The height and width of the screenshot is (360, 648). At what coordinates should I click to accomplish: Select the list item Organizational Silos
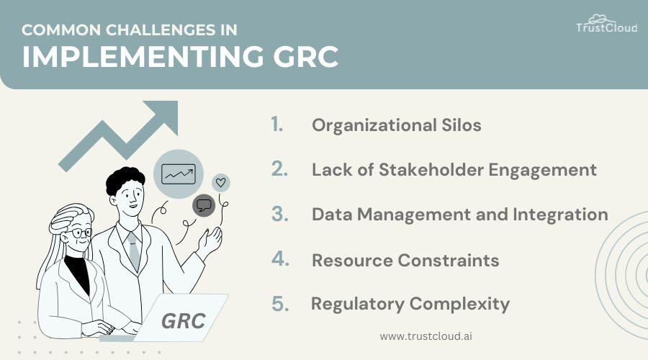coord(396,125)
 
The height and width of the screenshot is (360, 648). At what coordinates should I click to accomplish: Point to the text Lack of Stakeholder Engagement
coord(454,170)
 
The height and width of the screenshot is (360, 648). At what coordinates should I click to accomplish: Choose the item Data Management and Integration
coord(459,215)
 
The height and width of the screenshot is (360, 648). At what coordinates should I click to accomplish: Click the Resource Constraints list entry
coord(405,260)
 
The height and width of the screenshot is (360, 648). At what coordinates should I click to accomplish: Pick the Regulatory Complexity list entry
coord(410,304)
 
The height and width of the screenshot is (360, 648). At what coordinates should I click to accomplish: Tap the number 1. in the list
coord(277,125)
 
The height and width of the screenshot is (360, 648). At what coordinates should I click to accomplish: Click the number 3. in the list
coord(279,215)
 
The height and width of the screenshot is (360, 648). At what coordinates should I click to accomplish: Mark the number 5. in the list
coord(280,304)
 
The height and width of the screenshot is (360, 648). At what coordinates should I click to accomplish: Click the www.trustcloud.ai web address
coord(426,336)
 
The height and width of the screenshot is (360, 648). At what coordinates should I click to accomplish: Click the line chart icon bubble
coord(178,174)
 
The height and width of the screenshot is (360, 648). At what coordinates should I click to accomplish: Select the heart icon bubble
coord(221,183)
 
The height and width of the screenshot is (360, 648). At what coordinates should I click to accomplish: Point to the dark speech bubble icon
coord(204,205)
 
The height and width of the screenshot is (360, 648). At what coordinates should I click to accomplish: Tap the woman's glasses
coord(80,233)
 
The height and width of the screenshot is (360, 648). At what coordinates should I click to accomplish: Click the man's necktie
coord(133,249)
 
